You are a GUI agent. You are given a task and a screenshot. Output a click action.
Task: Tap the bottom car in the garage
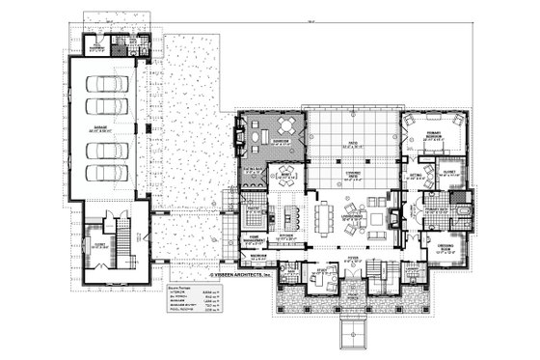coord(114,174)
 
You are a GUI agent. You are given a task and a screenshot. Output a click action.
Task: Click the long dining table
coord(326,215)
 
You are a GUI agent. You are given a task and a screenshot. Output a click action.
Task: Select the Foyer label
coord(352,259)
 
